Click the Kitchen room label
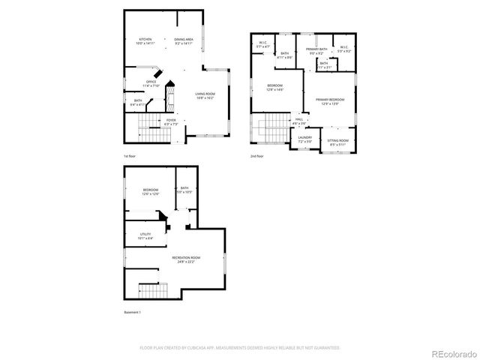(x=145, y=40)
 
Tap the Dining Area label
(x=184, y=40)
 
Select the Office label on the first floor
(x=151, y=83)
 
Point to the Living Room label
(x=205, y=95)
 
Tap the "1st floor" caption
(x=130, y=156)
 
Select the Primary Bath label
(x=316, y=51)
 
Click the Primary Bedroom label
(x=330, y=101)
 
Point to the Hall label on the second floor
(x=298, y=121)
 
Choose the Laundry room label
(x=304, y=139)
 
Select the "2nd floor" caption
(x=257, y=156)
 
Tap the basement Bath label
(x=184, y=190)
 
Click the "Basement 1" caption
(x=132, y=312)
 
